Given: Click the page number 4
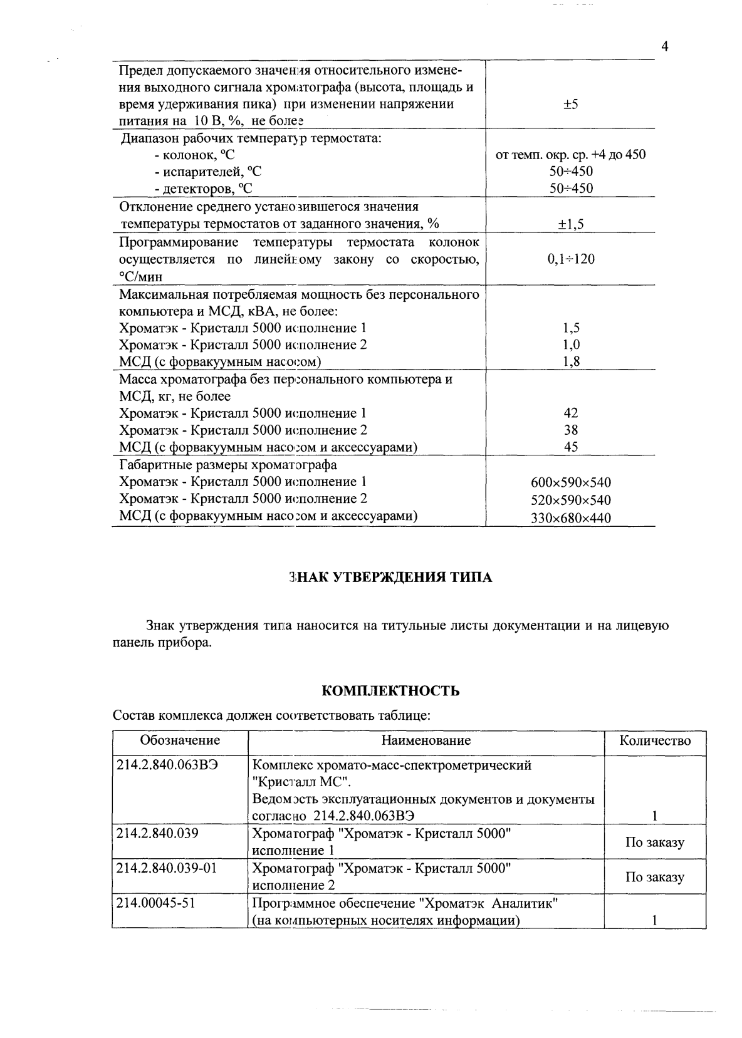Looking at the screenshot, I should click(665, 47).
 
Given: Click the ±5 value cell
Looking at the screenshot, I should click(570, 104).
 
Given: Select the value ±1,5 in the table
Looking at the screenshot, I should click(570, 224).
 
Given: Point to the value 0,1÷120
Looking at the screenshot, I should click(570, 259).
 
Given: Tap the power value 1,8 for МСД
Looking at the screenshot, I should click(571, 361).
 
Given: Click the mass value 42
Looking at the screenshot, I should click(571, 413).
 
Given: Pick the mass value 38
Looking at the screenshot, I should click(571, 430).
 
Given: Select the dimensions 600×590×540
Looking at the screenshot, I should click(570, 482).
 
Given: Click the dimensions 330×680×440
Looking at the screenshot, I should click(570, 517).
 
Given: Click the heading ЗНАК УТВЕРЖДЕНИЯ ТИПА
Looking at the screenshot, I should click(390, 578).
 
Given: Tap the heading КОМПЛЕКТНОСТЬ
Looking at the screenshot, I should click(390, 691).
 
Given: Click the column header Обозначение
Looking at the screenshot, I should click(180, 740).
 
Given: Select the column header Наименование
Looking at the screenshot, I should click(426, 740).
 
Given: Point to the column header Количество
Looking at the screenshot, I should click(655, 740).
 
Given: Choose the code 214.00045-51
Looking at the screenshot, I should click(155, 903).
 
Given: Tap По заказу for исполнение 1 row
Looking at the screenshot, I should click(655, 842).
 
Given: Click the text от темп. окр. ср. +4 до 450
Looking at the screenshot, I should click(570, 155).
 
